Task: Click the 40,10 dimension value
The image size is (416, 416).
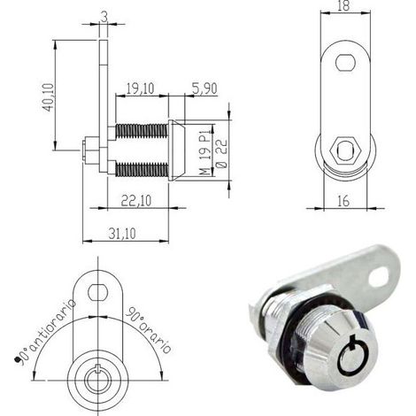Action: [x=49, y=97]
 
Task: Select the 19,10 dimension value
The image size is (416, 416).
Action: [x=140, y=89]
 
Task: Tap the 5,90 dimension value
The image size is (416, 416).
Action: [x=204, y=89]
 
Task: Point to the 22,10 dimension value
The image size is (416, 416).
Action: [x=136, y=201]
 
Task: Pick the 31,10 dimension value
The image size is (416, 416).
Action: [x=122, y=234]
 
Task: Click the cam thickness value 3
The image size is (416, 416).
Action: [x=104, y=18]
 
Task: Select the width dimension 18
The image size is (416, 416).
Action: [x=343, y=6]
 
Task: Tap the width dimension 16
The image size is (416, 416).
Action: [x=343, y=201]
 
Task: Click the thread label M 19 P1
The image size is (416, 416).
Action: [x=207, y=151]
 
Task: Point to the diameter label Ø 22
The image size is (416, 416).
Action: [x=222, y=153]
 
